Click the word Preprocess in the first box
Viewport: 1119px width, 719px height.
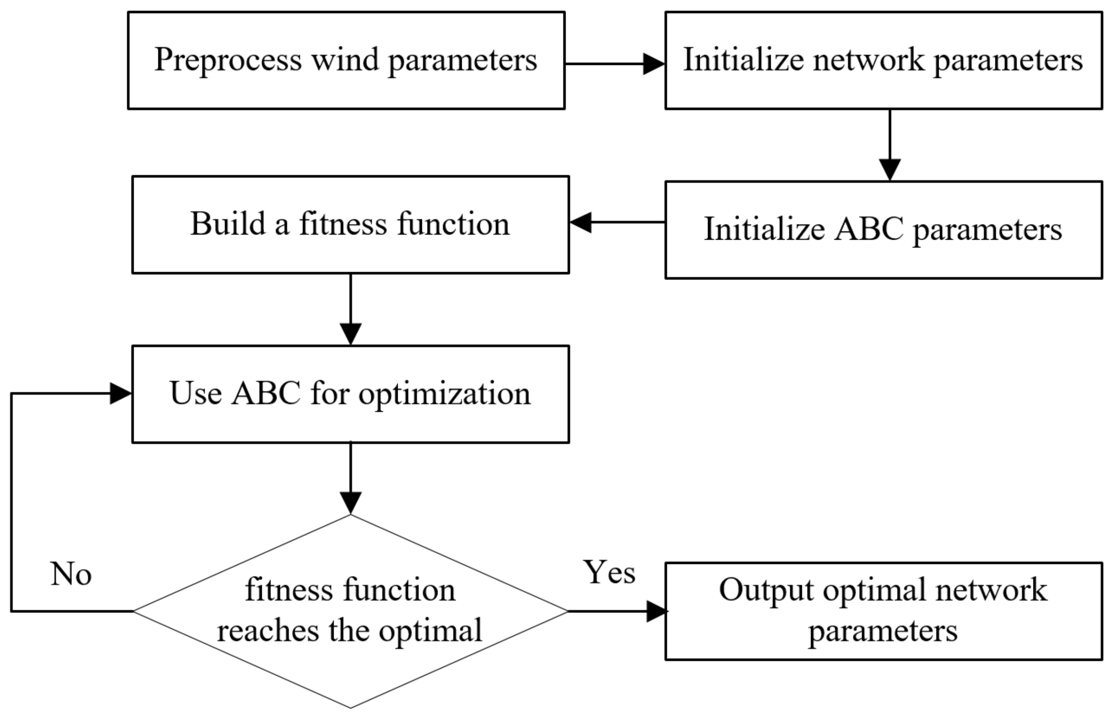(x=228, y=61)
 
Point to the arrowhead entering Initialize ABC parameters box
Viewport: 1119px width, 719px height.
(x=890, y=169)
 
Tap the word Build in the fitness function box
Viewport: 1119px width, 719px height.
(x=228, y=224)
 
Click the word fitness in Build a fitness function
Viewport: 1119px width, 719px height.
(x=343, y=224)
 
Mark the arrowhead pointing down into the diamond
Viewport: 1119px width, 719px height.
(x=350, y=502)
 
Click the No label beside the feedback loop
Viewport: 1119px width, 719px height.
(x=71, y=574)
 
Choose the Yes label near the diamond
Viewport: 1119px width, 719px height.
(x=609, y=572)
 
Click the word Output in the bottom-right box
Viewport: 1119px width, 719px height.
(x=766, y=590)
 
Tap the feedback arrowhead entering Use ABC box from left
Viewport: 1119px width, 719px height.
(x=120, y=394)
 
